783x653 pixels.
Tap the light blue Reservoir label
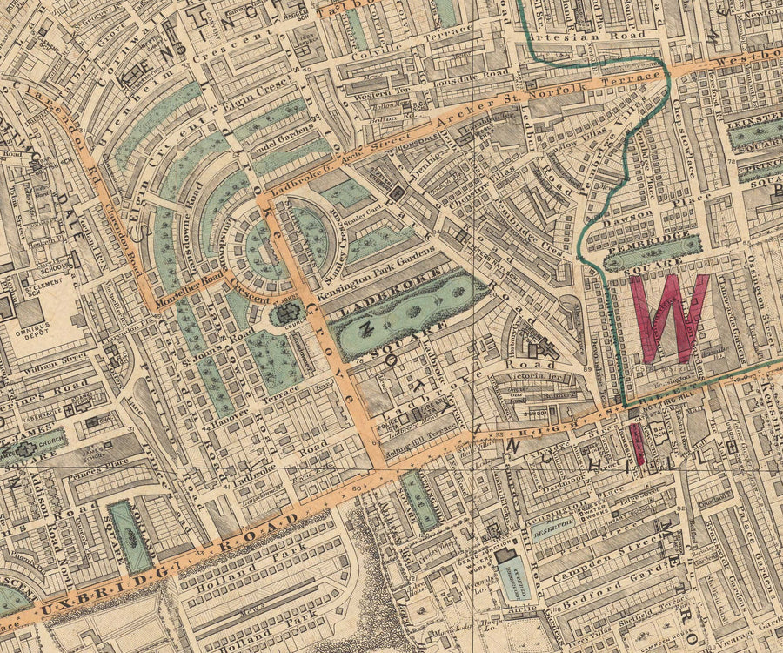(553, 526)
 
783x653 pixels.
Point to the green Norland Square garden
(130, 536)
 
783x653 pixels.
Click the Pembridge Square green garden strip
(652, 252)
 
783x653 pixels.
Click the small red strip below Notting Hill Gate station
(638, 443)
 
